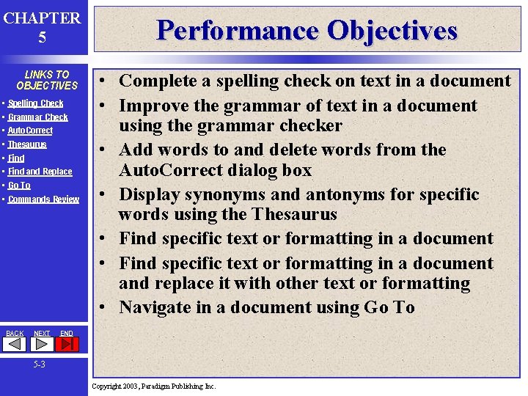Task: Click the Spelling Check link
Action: (36, 103)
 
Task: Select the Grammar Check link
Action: (38, 117)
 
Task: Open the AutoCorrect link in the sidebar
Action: (30, 131)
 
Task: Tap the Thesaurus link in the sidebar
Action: (27, 144)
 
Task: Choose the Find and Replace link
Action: (40, 172)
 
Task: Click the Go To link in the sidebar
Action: (20, 186)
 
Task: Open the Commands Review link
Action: (43, 199)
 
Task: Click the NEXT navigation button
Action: (42, 334)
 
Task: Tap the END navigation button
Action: (66, 334)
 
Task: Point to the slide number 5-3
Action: (39, 364)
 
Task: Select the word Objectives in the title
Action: (392, 30)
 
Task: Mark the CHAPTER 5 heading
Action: (42, 27)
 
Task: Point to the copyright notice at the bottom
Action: (154, 386)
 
